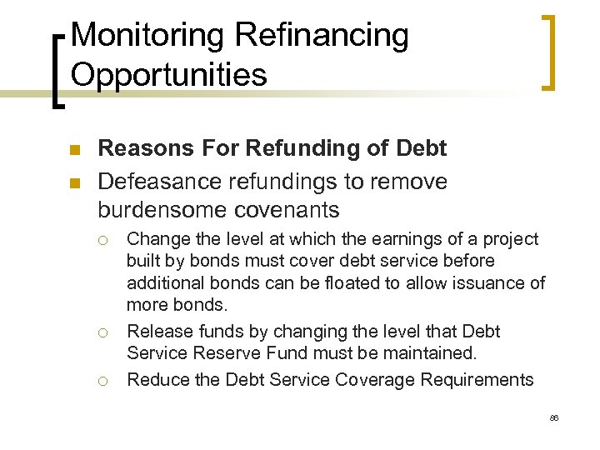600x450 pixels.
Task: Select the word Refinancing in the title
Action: click(x=322, y=36)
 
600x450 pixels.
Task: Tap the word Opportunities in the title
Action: click(x=169, y=74)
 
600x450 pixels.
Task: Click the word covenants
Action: click(x=285, y=208)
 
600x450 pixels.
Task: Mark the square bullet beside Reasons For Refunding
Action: click(x=72, y=150)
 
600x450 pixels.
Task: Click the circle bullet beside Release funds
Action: click(x=101, y=332)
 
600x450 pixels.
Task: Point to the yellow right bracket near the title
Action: click(x=549, y=52)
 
